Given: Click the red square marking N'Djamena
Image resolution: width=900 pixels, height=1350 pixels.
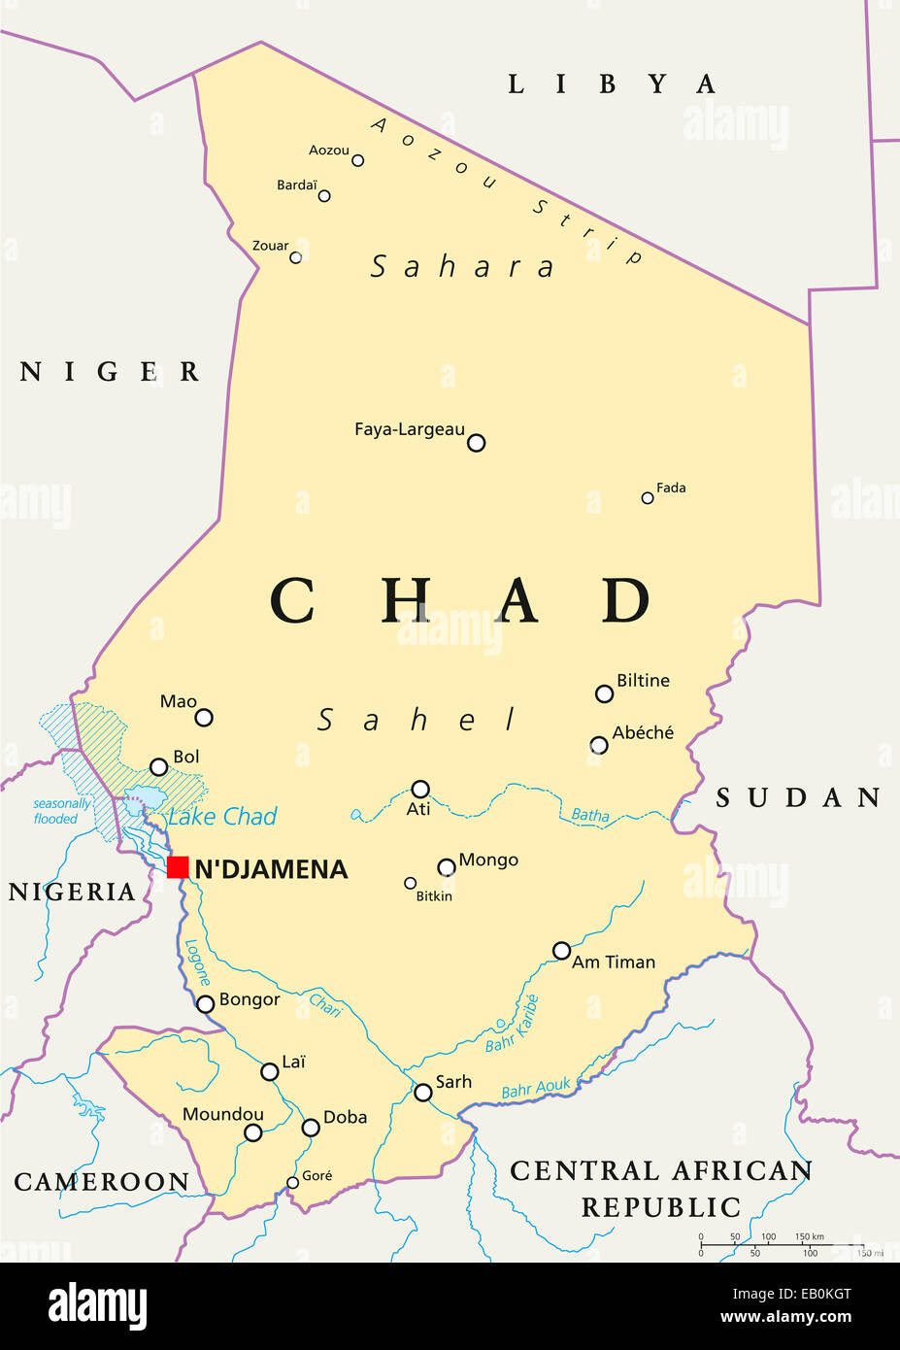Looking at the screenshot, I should (x=178, y=867).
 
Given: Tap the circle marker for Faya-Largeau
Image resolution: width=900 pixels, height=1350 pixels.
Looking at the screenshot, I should (x=476, y=443).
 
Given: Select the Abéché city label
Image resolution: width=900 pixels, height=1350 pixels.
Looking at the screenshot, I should (x=643, y=733).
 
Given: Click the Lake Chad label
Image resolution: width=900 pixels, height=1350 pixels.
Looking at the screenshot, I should (x=222, y=817).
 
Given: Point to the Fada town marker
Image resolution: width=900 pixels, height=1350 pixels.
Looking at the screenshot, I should (x=648, y=498).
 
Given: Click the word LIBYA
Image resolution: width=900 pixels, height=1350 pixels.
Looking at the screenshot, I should (x=612, y=84).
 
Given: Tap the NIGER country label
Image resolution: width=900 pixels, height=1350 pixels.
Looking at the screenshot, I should (x=110, y=372).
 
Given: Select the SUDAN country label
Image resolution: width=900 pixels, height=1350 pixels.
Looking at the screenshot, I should (x=798, y=798).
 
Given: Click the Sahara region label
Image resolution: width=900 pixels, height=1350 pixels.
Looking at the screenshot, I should (x=462, y=266).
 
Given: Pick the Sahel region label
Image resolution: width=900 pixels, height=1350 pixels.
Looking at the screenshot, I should (x=417, y=720).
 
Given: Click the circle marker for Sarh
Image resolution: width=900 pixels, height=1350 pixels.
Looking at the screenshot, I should (x=423, y=1093).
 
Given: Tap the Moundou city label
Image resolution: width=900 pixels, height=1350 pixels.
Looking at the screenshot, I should (x=223, y=1114).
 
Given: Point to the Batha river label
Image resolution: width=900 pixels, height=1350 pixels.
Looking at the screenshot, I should (x=590, y=815).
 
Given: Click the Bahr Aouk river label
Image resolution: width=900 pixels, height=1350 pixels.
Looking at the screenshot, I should (x=536, y=1090).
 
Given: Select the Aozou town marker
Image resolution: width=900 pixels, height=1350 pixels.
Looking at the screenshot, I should (x=357, y=160).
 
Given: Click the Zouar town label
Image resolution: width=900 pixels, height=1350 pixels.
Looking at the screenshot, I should (x=270, y=246).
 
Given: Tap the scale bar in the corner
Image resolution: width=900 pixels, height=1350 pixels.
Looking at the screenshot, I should (x=782, y=1245).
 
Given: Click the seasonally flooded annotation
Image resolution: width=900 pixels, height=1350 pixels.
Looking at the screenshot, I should (x=60, y=811).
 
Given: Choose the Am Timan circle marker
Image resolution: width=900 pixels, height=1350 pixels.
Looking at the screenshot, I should (x=561, y=951).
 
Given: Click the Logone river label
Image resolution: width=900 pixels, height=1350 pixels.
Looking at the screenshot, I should (x=197, y=962).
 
